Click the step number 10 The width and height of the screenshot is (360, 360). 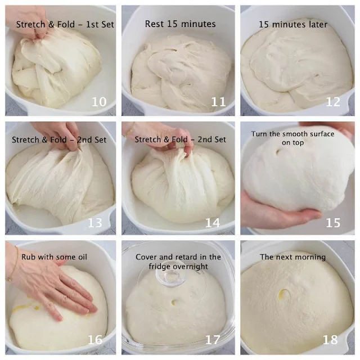coord(99,102)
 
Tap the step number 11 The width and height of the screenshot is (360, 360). coord(218,102)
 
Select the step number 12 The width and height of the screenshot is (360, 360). coord(333,102)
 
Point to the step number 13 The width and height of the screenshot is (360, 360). coord(95,223)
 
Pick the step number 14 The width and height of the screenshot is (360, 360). coord(213,223)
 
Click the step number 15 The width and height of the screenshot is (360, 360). coord(333,223)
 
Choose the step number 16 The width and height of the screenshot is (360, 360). coord(95,340)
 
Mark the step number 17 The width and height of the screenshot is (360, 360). coord(213,340)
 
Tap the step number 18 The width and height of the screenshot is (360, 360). coord(330,340)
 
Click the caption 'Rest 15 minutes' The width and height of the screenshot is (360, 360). coord(180,24)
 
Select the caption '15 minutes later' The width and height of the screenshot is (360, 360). coord(293,24)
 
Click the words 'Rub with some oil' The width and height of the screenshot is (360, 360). coord(54,256)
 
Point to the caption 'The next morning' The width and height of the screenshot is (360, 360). coord(292,257)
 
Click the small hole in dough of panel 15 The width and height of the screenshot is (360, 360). coord(279,152)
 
